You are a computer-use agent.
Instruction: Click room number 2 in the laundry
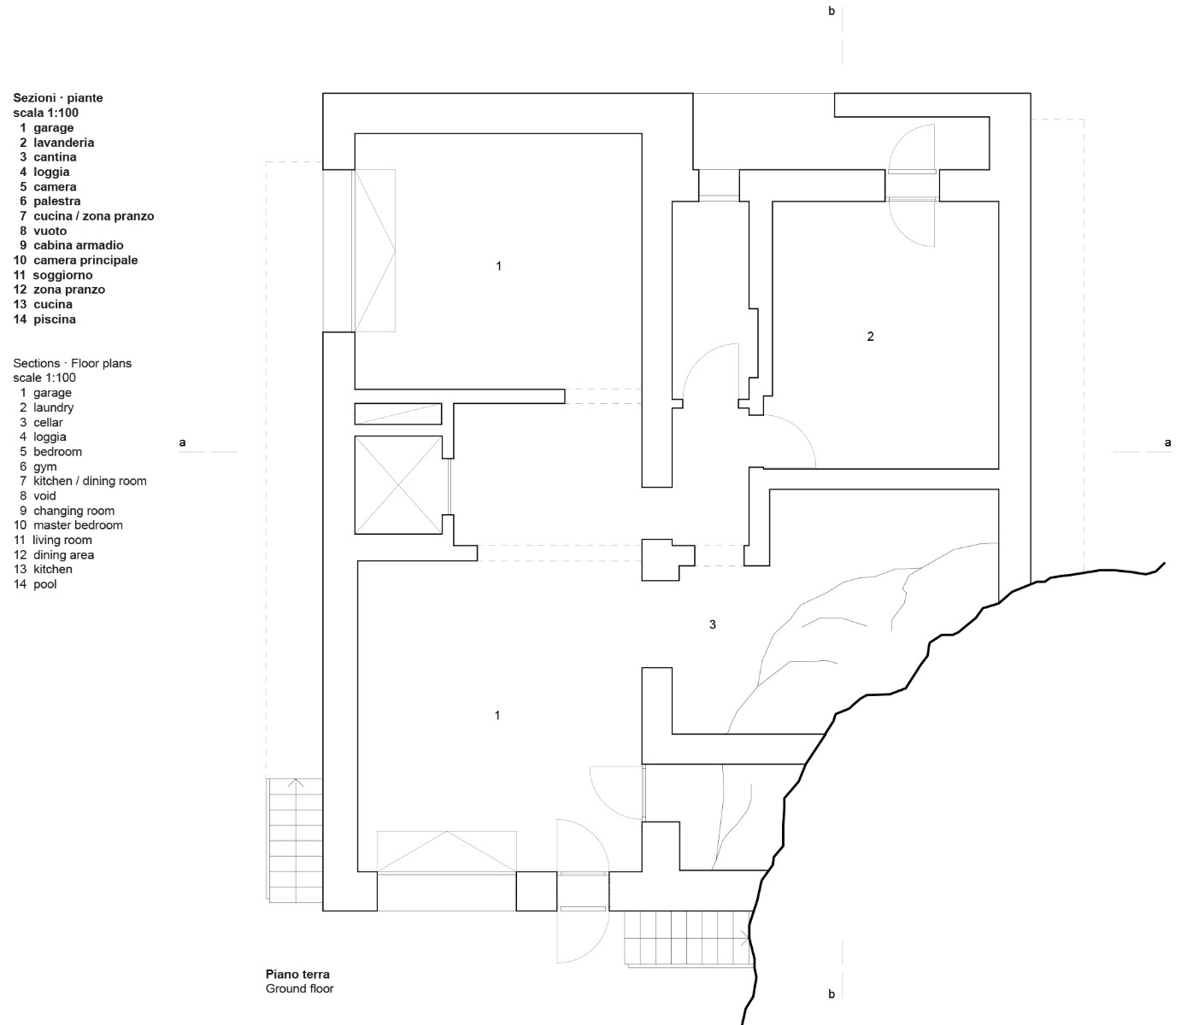[x=870, y=337]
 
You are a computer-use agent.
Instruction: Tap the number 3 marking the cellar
[x=713, y=624]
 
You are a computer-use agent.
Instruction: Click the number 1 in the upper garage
[x=499, y=266]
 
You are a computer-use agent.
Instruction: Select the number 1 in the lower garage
[x=497, y=715]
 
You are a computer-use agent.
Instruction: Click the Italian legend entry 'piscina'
[x=55, y=319]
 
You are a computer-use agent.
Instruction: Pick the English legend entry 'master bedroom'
[x=78, y=525]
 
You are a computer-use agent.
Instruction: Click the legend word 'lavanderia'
[x=64, y=143]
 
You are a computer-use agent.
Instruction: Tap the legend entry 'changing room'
[x=73, y=511]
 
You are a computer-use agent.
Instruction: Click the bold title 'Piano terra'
[x=297, y=974]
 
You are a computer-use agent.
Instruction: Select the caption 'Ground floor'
[x=299, y=988]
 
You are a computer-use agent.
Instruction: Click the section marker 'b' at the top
[x=832, y=12]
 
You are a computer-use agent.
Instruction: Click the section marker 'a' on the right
[x=1168, y=442]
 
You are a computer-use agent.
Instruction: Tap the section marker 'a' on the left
[x=182, y=442]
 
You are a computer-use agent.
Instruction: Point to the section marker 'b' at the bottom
[x=832, y=993]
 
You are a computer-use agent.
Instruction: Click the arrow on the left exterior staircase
[x=296, y=783]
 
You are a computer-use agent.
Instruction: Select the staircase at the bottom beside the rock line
[x=688, y=939]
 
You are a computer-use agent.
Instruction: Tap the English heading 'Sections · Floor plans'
[x=73, y=363]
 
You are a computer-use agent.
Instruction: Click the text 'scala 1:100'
[x=46, y=113]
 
